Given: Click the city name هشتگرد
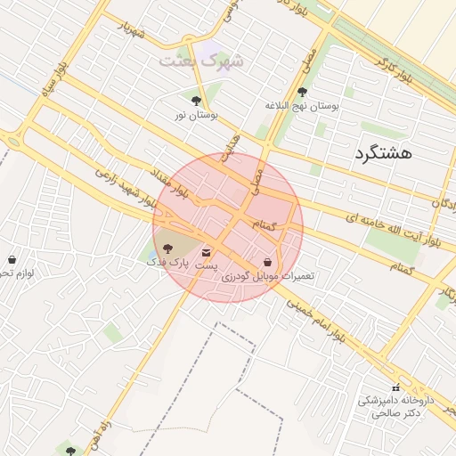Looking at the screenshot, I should pyautogui.click(x=383, y=153).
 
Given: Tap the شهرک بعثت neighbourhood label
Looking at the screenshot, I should pyautogui.click(x=200, y=61).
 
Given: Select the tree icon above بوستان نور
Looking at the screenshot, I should pyautogui.click(x=196, y=101).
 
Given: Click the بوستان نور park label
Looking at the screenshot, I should pyautogui.click(x=196, y=115).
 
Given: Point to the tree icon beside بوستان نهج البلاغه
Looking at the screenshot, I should pyautogui.click(x=302, y=92).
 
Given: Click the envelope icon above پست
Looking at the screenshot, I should pyautogui.click(x=207, y=252).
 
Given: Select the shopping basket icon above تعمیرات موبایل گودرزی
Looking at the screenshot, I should pyautogui.click(x=268, y=262).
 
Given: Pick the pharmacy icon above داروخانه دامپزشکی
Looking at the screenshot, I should pyautogui.click(x=395, y=387).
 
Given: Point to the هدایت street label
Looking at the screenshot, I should pyautogui.click(x=232, y=148).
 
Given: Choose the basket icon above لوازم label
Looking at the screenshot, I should pyautogui.click(x=12, y=259).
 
